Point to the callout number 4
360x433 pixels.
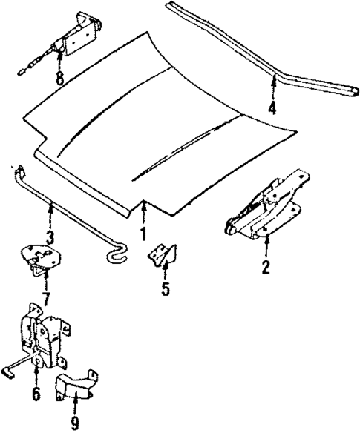pyautogui.click(x=272, y=108)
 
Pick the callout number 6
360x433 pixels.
pyautogui.click(x=36, y=393)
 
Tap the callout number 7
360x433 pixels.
pyautogui.click(x=46, y=299)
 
